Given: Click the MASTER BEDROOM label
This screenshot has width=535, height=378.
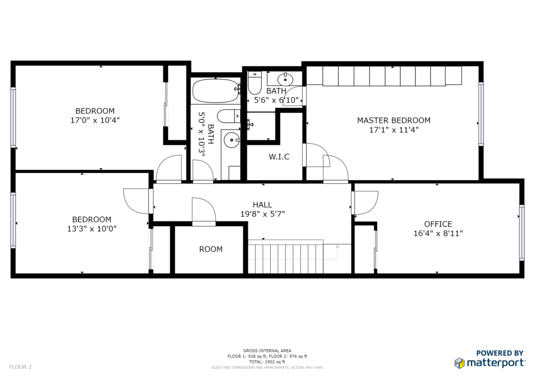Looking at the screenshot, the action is [x=393, y=120].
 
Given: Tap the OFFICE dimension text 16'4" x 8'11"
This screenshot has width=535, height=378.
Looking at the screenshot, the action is [x=438, y=233].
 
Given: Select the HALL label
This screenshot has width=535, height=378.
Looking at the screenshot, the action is [x=262, y=205].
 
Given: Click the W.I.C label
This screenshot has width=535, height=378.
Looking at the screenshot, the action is [x=279, y=157].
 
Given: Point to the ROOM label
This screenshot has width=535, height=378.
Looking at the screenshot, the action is [x=211, y=249].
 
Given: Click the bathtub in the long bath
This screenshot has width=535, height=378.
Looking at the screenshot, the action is [x=216, y=91].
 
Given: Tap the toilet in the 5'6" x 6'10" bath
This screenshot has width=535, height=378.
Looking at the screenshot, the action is [x=254, y=83].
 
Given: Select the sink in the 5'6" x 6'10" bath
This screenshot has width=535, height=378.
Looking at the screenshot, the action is [x=285, y=80].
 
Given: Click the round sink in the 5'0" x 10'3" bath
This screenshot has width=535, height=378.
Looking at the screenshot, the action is [x=232, y=140].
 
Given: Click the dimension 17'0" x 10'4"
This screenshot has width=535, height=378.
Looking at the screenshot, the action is [x=95, y=120].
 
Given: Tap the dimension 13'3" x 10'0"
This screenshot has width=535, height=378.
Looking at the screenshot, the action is [x=92, y=229].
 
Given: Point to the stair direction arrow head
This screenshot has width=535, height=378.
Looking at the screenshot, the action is [x=338, y=246].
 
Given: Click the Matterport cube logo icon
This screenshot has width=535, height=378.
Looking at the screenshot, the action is [x=460, y=363].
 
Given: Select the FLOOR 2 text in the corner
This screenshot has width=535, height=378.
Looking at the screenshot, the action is [x=20, y=367].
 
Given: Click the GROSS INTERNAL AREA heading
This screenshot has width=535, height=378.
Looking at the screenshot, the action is [x=267, y=351].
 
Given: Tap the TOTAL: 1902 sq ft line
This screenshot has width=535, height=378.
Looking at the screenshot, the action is [x=267, y=362].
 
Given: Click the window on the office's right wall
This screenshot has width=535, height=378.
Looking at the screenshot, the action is [x=521, y=233].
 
